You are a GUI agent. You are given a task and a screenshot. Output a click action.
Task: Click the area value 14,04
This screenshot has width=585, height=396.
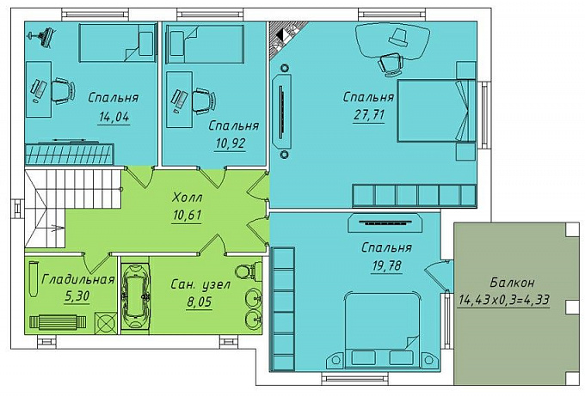114,118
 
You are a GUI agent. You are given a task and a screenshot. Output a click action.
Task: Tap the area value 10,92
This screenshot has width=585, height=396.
231,143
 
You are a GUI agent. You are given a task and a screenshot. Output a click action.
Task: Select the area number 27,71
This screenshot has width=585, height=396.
369,114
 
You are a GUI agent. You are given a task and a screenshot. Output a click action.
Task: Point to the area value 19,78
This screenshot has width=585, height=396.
387,265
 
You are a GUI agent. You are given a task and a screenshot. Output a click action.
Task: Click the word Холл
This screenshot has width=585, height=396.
188,197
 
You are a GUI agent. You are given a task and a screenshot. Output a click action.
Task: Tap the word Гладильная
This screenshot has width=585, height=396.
78,279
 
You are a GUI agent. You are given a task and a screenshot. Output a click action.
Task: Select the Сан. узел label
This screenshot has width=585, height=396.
200,284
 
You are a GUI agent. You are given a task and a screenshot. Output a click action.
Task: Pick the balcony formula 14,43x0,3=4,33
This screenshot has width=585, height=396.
504,300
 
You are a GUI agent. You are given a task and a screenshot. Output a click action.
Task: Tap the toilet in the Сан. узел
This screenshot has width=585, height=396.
249,270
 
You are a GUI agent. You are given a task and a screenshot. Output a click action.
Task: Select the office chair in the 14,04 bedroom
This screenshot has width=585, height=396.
63,90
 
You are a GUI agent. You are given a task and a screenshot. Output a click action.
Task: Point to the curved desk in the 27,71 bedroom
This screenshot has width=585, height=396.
391,40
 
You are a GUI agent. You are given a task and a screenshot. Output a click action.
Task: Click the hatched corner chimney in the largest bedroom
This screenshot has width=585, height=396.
286,39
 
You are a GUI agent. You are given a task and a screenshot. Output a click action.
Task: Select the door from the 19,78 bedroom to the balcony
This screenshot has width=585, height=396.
439,269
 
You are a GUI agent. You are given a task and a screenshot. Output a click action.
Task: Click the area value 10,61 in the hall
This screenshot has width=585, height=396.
188,215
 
